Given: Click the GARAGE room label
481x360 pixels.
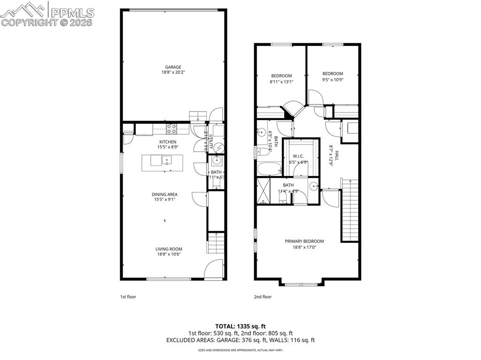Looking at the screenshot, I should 173,67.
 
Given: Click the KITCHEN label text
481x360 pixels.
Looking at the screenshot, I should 168,142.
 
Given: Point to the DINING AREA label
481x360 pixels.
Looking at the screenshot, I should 164,194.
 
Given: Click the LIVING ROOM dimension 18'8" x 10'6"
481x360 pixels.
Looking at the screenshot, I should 169,254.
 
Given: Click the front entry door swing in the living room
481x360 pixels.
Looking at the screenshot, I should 213,269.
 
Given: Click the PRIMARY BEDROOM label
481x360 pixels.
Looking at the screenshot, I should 304,241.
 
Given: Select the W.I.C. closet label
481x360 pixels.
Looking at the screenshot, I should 299,156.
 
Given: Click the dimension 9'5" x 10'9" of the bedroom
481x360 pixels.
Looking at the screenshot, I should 333,80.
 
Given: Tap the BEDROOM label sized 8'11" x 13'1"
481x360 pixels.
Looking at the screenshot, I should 281,76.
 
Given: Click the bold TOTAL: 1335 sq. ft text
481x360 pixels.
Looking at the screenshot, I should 240,326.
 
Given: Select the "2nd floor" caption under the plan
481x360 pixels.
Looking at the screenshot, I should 263,297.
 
